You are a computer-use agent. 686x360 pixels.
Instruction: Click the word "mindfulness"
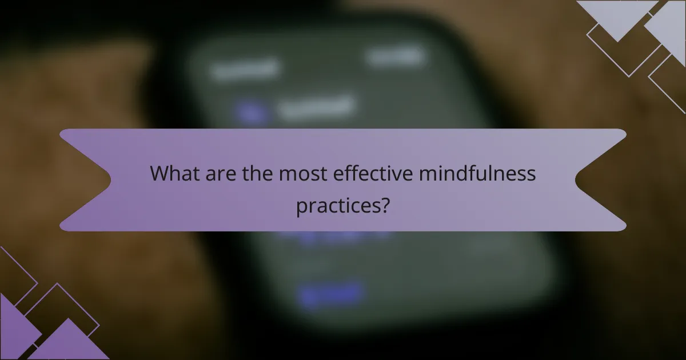point(477,173)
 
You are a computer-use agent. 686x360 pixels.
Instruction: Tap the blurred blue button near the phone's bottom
point(330,293)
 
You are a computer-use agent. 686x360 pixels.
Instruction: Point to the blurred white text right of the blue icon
point(316,107)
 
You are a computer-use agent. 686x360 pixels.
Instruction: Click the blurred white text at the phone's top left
point(245,69)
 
